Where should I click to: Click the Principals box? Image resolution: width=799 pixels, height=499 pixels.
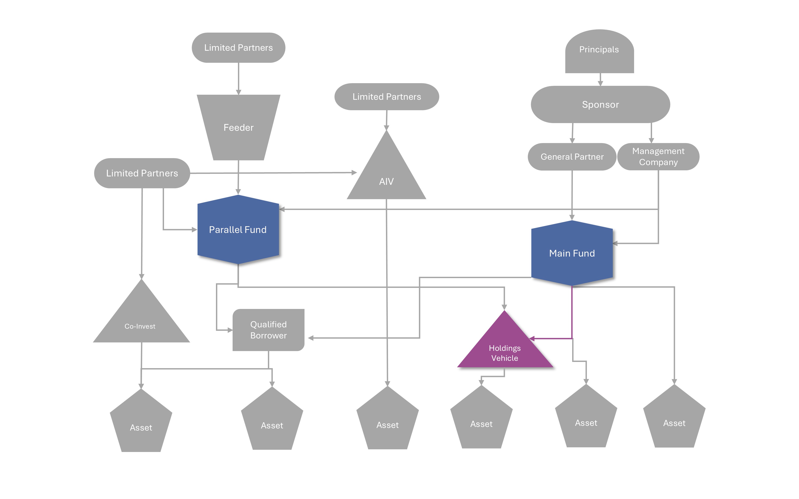click(599, 51)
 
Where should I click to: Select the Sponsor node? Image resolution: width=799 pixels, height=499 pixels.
click(600, 105)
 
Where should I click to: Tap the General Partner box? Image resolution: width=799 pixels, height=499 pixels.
click(572, 157)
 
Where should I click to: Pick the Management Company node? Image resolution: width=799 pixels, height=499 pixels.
click(658, 157)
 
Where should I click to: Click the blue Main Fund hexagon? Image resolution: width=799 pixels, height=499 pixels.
click(572, 253)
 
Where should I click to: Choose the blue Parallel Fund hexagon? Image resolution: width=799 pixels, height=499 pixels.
click(238, 230)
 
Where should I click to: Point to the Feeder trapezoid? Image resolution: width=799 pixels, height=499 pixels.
click(238, 127)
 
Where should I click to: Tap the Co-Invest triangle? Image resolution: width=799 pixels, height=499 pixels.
click(141, 322)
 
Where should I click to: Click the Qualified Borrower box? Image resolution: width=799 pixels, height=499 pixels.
click(268, 330)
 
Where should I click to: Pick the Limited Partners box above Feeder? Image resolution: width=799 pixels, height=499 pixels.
click(238, 48)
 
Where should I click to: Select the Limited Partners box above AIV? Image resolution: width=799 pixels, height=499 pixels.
click(387, 97)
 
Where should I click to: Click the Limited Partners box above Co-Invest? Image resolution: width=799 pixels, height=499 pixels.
click(142, 173)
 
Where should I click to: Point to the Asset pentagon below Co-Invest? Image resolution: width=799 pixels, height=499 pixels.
click(141, 424)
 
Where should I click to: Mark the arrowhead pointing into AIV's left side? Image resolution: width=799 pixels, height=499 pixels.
click(354, 173)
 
